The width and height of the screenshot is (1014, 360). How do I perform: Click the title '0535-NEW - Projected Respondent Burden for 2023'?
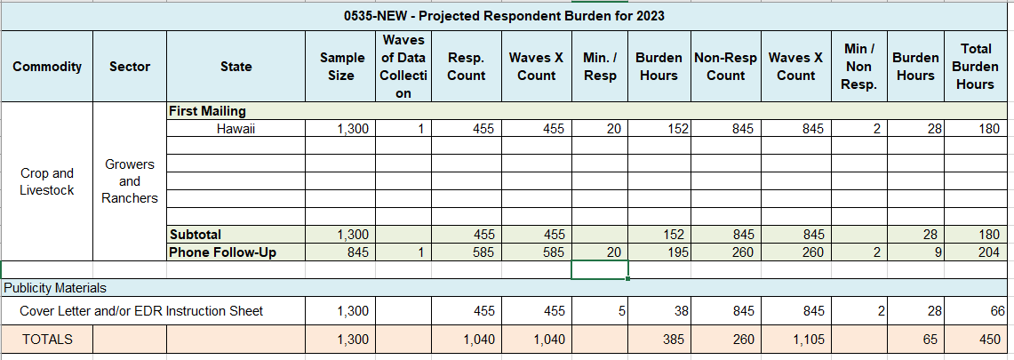(x=504, y=16)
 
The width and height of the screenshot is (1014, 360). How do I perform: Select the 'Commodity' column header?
(x=47, y=67)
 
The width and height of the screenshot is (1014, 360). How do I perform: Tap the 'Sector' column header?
(x=130, y=67)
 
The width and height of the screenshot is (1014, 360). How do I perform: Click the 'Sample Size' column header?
(x=342, y=67)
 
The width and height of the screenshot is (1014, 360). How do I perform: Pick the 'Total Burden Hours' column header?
(x=975, y=67)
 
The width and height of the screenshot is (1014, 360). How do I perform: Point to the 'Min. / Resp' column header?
(x=600, y=67)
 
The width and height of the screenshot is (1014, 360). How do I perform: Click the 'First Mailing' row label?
(x=207, y=111)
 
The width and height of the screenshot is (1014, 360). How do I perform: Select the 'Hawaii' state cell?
(x=236, y=129)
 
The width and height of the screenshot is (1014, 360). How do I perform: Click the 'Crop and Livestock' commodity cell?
(x=47, y=181)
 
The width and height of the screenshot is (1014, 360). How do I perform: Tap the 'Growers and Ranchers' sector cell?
(x=130, y=181)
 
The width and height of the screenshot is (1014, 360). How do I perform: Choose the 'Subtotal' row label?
(x=196, y=235)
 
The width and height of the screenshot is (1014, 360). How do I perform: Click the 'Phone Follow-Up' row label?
(x=222, y=252)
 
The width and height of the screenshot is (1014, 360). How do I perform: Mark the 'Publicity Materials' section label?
(x=55, y=288)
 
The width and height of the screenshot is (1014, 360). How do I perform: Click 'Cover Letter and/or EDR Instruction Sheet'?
(x=141, y=311)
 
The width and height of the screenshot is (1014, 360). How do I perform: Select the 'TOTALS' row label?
(x=47, y=339)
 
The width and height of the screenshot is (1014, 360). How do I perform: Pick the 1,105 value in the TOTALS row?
(x=796, y=339)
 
